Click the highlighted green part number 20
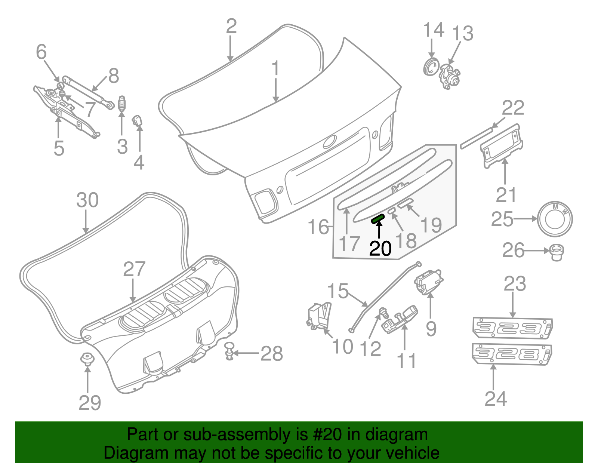[378, 219]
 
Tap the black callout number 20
[380, 249]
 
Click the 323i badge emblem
[512, 328]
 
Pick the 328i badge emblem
[511, 354]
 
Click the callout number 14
[434, 30]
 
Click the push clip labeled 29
[87, 359]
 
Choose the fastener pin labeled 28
[229, 351]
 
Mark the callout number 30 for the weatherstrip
[87, 200]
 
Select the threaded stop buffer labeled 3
[121, 104]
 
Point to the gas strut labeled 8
[88, 92]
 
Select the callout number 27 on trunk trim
[134, 270]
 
